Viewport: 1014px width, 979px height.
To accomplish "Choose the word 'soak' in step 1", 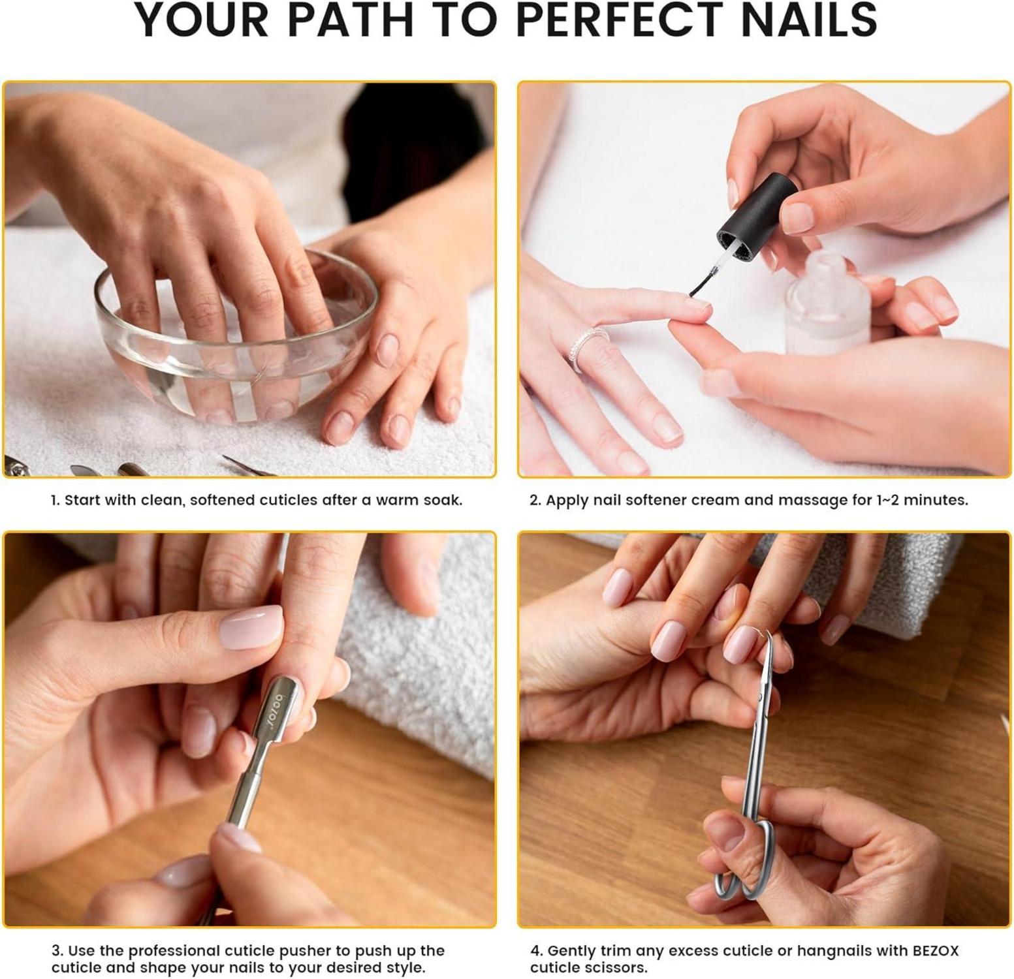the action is [441, 500].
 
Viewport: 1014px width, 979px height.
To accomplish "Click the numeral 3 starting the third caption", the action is [56, 951].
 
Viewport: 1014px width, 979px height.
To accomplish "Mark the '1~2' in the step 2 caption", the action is [889, 500].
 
